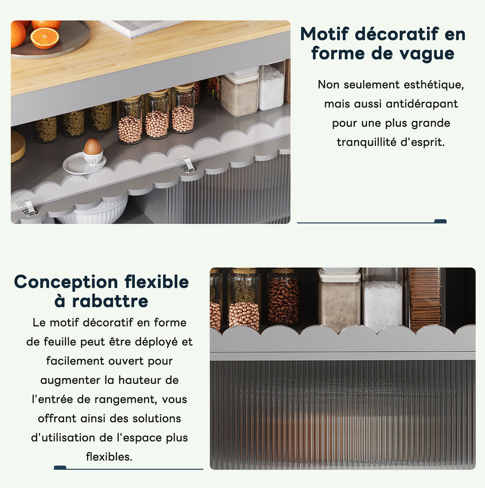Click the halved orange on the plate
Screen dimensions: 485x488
45,38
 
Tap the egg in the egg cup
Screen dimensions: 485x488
93,147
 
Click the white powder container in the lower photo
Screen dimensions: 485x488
383,306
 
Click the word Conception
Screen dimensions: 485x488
66,282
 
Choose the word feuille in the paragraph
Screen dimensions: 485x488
60,342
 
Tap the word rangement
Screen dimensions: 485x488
126,400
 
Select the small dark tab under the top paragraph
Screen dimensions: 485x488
440,221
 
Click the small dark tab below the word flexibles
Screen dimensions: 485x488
60,468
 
